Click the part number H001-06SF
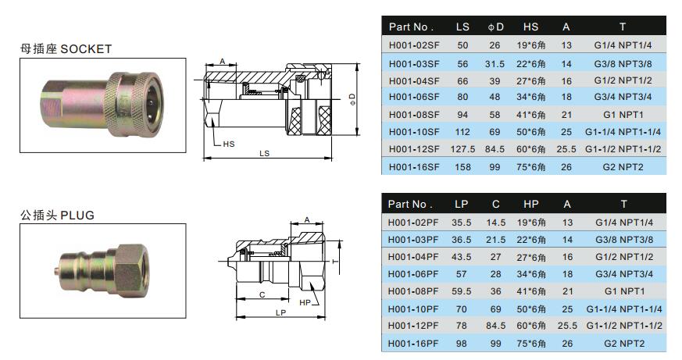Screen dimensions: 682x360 point(414,97)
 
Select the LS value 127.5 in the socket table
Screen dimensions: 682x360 point(462,149)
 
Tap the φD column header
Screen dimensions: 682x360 point(495,27)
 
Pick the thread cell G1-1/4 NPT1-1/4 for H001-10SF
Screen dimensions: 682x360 point(623,132)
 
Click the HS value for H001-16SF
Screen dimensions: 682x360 point(530,167)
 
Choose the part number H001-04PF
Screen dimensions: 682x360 point(413,257)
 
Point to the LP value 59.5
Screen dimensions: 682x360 point(462,291)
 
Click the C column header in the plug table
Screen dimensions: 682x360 point(496,205)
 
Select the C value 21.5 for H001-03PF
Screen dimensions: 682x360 point(496,240)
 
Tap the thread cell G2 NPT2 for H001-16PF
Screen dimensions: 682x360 point(624,344)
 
